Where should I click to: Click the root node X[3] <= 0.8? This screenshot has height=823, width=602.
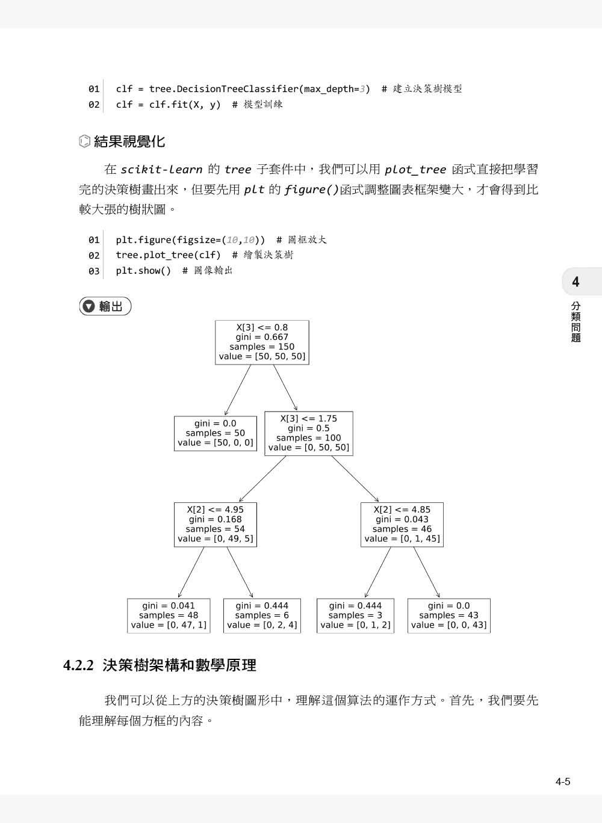[262, 342]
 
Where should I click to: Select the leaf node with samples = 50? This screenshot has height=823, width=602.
[216, 433]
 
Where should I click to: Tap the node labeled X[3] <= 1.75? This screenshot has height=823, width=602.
[309, 433]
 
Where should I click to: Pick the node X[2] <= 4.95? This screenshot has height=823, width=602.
[216, 524]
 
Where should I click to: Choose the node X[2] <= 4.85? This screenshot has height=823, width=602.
[402, 524]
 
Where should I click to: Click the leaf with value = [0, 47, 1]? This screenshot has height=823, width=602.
[169, 615]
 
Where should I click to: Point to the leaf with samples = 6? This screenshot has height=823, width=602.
[262, 615]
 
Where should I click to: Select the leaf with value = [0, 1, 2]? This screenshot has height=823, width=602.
[355, 615]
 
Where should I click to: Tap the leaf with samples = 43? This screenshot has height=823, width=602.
[448, 615]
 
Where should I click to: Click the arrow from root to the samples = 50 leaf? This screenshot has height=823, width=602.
[237, 390]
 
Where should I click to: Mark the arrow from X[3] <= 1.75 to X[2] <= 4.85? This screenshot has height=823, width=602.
[355, 479]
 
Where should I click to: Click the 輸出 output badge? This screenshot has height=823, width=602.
[105, 306]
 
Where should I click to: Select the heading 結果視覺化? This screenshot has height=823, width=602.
[129, 142]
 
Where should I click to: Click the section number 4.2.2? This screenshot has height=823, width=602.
[79, 665]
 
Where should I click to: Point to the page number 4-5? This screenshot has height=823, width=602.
[563, 782]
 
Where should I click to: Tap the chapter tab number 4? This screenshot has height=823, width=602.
[576, 282]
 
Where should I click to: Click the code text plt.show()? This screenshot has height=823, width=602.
[143, 271]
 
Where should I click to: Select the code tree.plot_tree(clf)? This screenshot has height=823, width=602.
[168, 255]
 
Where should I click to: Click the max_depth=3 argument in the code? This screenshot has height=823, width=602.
[335, 89]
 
